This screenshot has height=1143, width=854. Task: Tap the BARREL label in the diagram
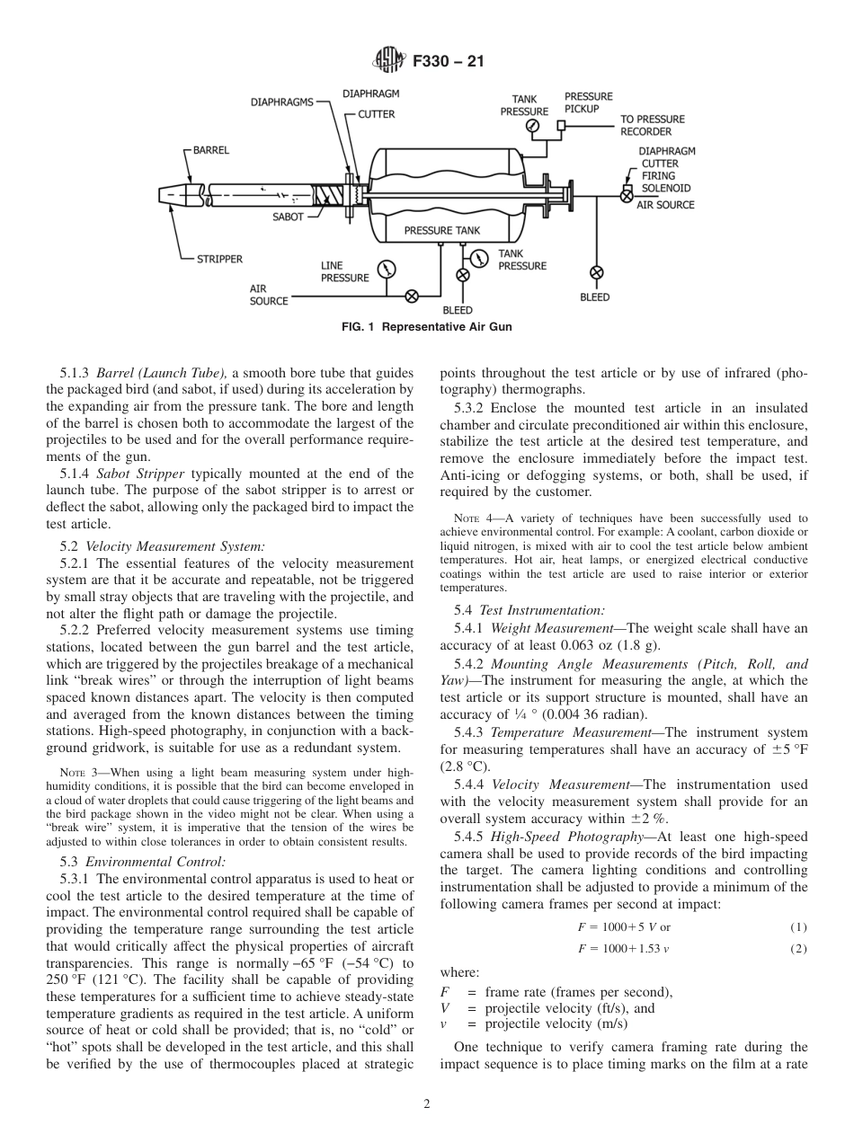(210, 150)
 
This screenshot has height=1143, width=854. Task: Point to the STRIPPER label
(219, 259)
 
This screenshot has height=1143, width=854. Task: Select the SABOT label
(288, 217)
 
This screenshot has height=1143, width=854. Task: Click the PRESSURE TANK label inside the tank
(441, 231)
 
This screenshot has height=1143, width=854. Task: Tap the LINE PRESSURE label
(344, 271)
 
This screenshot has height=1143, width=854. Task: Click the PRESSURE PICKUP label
(588, 102)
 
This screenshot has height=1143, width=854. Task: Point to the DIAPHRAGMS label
(281, 102)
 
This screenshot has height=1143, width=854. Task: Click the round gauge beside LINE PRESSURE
(387, 269)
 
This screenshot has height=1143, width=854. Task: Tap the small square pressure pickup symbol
(561, 126)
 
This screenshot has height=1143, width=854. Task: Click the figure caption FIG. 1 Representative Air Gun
(427, 327)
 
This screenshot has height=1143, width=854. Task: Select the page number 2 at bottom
(427, 1104)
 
